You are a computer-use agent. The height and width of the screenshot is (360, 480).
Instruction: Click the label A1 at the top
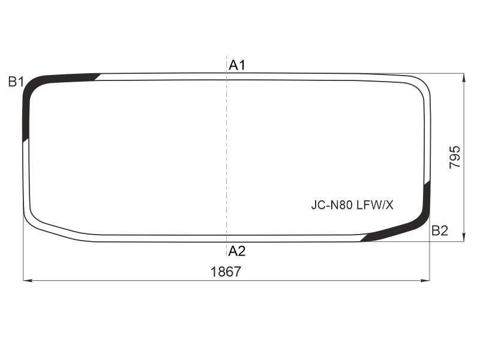(x=237, y=65)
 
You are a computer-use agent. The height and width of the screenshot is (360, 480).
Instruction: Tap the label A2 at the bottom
(x=237, y=251)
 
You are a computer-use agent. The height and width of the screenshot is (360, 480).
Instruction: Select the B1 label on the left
(x=16, y=82)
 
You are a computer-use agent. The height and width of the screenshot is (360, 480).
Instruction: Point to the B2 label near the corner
(x=440, y=230)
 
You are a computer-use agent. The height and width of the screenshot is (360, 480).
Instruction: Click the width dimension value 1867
(x=226, y=272)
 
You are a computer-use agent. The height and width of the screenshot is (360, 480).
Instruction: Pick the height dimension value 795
(x=455, y=157)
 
